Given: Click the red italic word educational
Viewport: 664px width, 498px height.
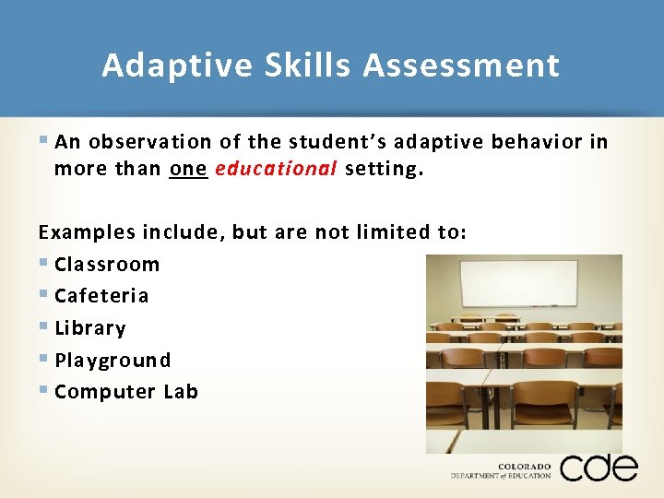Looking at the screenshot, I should coord(277,169).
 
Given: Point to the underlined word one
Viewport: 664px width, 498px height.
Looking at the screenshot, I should coord(188,169).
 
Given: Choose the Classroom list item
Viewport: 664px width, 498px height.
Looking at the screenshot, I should coord(107,264).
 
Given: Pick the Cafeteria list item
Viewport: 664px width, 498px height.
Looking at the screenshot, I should coord(101,295).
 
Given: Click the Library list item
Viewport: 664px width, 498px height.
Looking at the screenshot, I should coord(90,327).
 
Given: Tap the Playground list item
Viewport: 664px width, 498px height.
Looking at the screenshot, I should coord(113,360).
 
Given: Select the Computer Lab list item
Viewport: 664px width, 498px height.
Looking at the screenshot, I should coord(126,391).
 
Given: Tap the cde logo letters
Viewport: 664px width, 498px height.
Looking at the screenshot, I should coord(599,468).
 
